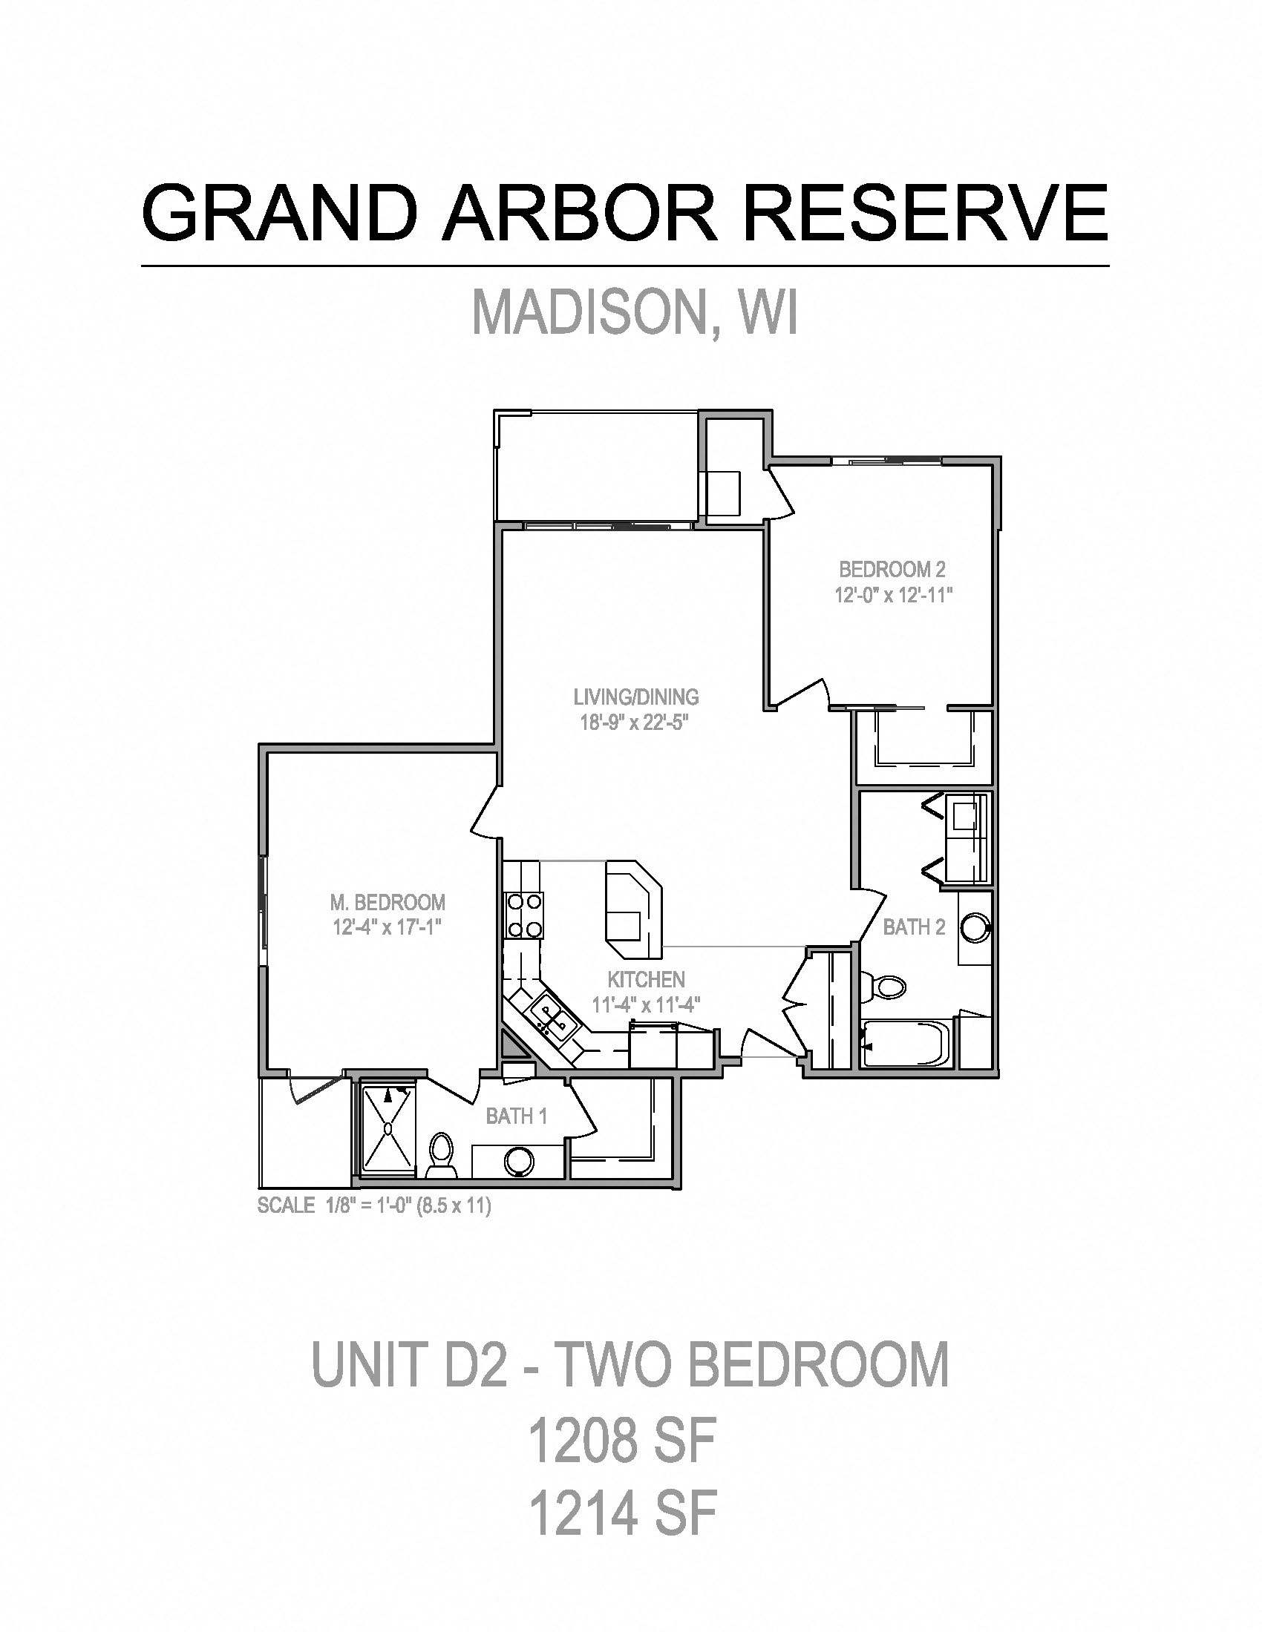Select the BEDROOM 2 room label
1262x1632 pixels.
coord(892,570)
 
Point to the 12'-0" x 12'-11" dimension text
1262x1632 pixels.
coord(892,596)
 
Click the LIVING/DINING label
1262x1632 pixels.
coord(635,697)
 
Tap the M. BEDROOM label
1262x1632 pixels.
coord(388,902)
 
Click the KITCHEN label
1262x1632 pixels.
coord(645,979)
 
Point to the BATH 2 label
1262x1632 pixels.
coord(914,927)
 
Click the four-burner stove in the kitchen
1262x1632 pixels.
coord(524,915)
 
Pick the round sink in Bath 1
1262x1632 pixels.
coord(518,1160)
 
